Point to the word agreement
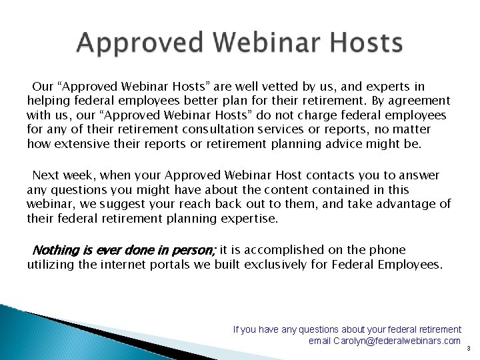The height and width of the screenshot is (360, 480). click(416, 101)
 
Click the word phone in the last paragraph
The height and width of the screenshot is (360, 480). click(389, 251)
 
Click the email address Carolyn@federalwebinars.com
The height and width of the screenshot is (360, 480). click(385, 341)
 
